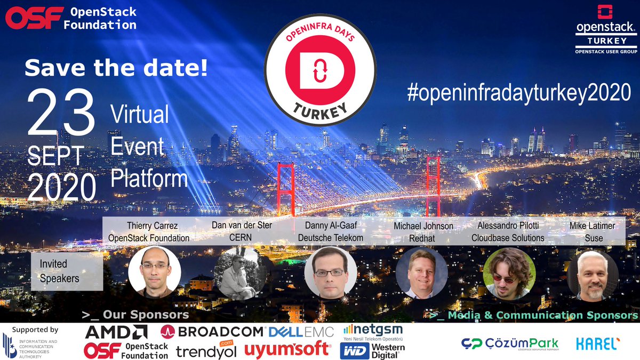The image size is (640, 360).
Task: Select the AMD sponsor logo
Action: click(x=116, y=332)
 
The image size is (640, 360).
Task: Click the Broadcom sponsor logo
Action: click(x=212, y=331)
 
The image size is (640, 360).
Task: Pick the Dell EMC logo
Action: click(x=301, y=332)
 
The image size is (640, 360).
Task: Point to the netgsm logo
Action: click(x=373, y=332)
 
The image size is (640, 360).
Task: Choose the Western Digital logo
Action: click(x=373, y=350)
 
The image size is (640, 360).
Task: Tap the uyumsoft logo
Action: click(x=288, y=349)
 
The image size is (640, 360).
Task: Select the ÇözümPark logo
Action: click(x=509, y=344)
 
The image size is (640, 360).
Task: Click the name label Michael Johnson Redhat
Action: click(x=423, y=232)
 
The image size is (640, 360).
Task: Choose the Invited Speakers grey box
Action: click(x=67, y=271)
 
